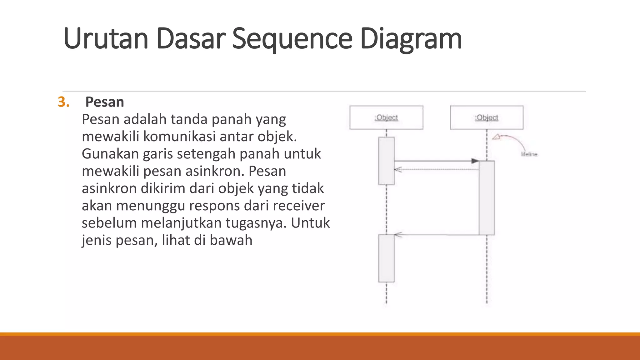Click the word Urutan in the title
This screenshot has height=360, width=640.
pyautogui.click(x=105, y=39)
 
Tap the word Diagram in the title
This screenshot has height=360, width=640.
pyautogui.click(x=411, y=39)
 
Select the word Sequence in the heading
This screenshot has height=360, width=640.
pyautogui.click(x=292, y=39)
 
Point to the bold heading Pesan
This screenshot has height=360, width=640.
pyautogui.click(x=105, y=102)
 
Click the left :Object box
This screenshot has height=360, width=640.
pyautogui.click(x=386, y=117)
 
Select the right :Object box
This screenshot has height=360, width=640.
pyautogui.click(x=487, y=117)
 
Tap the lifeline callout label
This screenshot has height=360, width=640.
pyautogui.click(x=529, y=154)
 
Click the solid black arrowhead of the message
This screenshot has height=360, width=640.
pyautogui.click(x=475, y=161)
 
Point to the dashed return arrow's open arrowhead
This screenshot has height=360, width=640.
pyautogui.click(x=397, y=170)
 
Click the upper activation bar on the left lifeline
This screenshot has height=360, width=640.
pyautogui.click(x=386, y=161)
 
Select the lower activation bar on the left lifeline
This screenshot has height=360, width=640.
pyautogui.click(x=386, y=258)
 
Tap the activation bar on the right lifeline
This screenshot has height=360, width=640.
pyautogui.click(x=487, y=197)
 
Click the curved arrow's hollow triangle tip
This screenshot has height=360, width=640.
pyautogui.click(x=496, y=137)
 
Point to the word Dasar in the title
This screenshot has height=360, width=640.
pyautogui.click(x=190, y=39)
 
